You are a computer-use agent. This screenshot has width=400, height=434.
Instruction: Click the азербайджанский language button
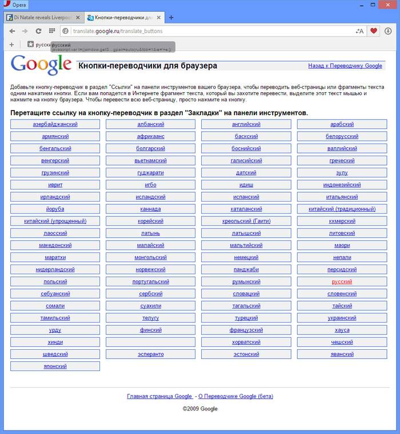click(55, 124)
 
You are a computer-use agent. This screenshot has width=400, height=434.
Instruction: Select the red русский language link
click(342, 282)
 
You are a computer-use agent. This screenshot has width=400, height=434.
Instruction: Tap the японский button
click(55, 366)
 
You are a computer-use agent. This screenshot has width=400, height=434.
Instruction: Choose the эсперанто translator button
click(150, 354)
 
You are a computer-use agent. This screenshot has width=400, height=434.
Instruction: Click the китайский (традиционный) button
click(342, 209)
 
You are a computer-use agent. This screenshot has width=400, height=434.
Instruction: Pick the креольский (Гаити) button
click(246, 221)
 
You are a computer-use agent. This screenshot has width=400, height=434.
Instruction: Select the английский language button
click(246, 124)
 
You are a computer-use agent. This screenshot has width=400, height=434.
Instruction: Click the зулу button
click(342, 172)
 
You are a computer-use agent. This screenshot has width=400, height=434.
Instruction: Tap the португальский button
click(150, 282)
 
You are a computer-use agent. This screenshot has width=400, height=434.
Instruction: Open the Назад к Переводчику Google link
click(345, 66)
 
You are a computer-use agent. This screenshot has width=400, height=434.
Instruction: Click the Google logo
click(41, 65)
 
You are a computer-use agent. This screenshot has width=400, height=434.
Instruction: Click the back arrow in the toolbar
click(12, 31)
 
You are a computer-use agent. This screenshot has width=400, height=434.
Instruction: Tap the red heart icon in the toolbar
click(374, 31)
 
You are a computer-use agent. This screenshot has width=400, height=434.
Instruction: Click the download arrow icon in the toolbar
click(389, 31)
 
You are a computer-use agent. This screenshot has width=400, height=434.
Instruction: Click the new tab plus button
click(171, 17)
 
